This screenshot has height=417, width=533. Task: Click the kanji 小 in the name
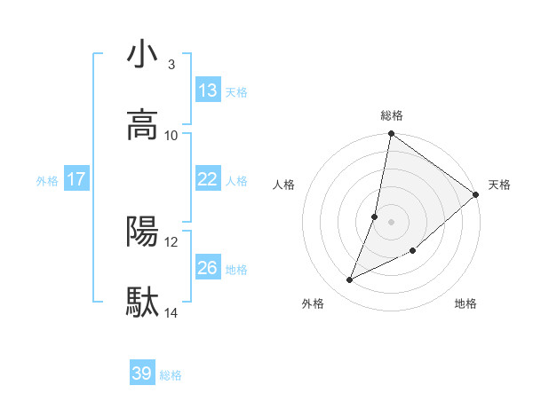[x=143, y=55]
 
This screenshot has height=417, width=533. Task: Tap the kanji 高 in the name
[x=143, y=125]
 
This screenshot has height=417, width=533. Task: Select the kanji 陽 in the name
[x=143, y=232]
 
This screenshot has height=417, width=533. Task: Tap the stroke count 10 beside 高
[x=172, y=135]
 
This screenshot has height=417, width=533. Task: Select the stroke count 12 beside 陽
[x=172, y=241]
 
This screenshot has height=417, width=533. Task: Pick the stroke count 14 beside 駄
[x=172, y=312]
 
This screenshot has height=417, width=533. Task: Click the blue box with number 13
[x=208, y=90]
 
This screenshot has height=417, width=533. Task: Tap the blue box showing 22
[x=208, y=179]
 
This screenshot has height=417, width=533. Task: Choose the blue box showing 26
[x=208, y=268]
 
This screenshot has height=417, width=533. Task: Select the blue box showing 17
[x=76, y=179]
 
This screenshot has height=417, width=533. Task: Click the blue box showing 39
[x=142, y=374]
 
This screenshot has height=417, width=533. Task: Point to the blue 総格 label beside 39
[x=171, y=375]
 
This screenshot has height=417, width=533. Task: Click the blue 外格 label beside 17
[x=47, y=181]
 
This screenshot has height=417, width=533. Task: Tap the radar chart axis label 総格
[x=392, y=115]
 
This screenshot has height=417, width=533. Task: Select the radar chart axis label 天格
[x=499, y=185]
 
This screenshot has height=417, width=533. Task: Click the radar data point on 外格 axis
[x=350, y=280]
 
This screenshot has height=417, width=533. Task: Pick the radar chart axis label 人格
[x=284, y=185]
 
